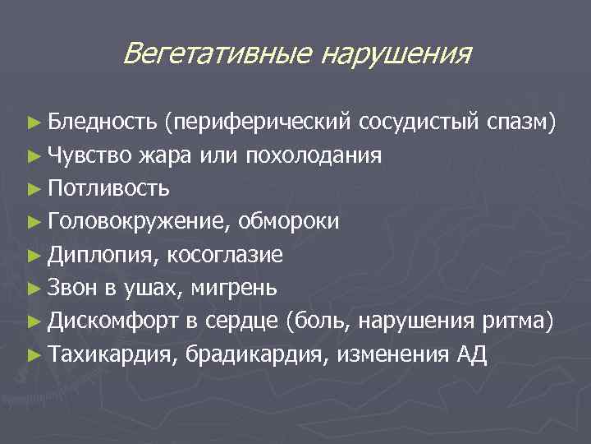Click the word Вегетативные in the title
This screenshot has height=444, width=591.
click(x=217, y=54)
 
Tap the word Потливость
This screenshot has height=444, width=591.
click(x=109, y=188)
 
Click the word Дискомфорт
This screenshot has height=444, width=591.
click(x=112, y=321)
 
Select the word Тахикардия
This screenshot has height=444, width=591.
click(x=111, y=354)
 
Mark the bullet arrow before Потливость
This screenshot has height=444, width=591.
click(x=34, y=189)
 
